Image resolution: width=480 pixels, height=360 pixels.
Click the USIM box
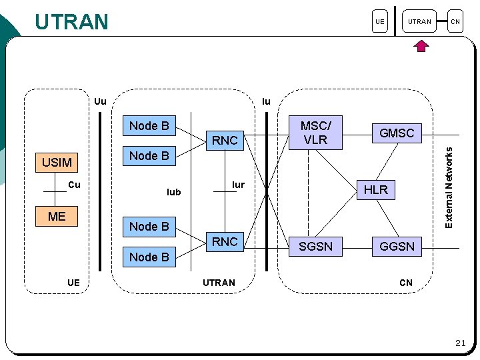click(57, 163)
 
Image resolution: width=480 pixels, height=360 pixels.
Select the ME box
click(57, 217)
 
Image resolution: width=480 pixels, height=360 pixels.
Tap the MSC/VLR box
click(315, 133)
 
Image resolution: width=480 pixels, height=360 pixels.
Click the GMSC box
click(397, 133)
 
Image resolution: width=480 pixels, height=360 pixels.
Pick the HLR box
click(376, 190)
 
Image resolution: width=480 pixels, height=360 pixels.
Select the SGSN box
click(315, 247)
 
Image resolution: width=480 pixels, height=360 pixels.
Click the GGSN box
click(397, 247)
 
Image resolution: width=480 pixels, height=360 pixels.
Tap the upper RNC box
click(225, 141)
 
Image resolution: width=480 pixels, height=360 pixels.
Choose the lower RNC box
click(225, 242)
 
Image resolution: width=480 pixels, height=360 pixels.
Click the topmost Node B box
click(149, 125)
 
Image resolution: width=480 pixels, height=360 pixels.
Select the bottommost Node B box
click(149, 257)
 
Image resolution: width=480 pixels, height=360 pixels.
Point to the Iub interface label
click(173, 192)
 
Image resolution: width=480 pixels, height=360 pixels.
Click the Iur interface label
click(238, 185)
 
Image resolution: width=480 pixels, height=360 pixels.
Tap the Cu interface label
click(74, 185)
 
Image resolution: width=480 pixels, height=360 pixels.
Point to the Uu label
click(100, 101)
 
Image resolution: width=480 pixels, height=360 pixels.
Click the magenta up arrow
click(421, 46)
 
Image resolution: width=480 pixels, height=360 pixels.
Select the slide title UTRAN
click(71, 21)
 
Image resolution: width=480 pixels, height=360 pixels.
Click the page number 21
click(461, 343)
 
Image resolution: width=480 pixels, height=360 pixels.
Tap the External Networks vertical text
click(449, 187)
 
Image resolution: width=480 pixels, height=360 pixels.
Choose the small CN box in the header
click(455, 21)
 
